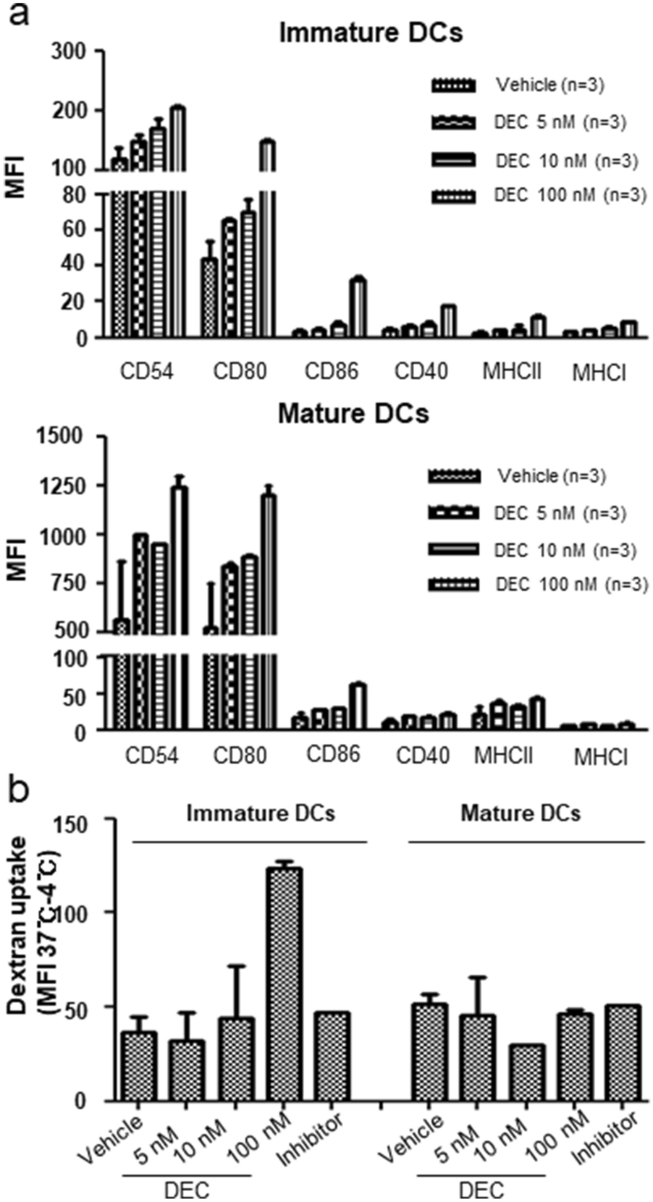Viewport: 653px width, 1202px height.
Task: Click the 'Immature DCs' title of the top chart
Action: pyautogui.click(x=371, y=33)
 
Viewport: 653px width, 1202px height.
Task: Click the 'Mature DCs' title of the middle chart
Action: pyautogui.click(x=353, y=414)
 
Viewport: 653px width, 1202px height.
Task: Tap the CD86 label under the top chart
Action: pyautogui.click(x=331, y=372)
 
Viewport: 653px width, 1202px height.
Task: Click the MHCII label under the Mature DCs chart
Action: pyautogui.click(x=504, y=756)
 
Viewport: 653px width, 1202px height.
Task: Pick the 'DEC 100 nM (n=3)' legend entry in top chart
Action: pyautogui.click(x=569, y=195)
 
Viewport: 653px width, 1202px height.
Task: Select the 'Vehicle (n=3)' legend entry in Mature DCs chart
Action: pyautogui.click(x=551, y=476)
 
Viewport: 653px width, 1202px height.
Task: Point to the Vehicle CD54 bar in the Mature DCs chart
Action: pyautogui.click(x=122, y=677)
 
